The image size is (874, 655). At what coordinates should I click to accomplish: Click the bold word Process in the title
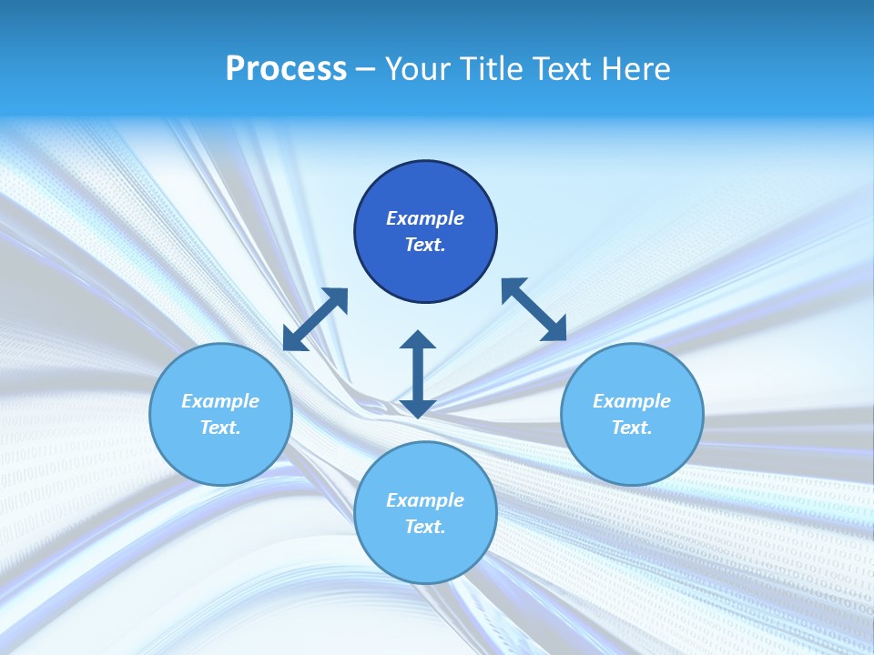tap(286, 69)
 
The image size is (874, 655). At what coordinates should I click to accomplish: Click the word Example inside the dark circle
tap(425, 218)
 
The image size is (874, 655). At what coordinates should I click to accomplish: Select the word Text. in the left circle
tap(220, 428)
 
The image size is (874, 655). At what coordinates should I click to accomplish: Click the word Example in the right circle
tap(632, 401)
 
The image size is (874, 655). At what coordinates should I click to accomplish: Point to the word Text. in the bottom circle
tap(425, 527)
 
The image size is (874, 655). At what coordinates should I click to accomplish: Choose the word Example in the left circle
tap(220, 401)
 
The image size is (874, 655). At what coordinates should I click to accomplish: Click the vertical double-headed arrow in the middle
tap(418, 374)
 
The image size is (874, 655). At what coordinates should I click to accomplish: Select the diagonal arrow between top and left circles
tap(315, 319)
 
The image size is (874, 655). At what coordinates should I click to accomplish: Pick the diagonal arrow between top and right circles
tap(534, 310)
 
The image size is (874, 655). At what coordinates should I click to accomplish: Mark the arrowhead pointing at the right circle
tap(554, 330)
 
